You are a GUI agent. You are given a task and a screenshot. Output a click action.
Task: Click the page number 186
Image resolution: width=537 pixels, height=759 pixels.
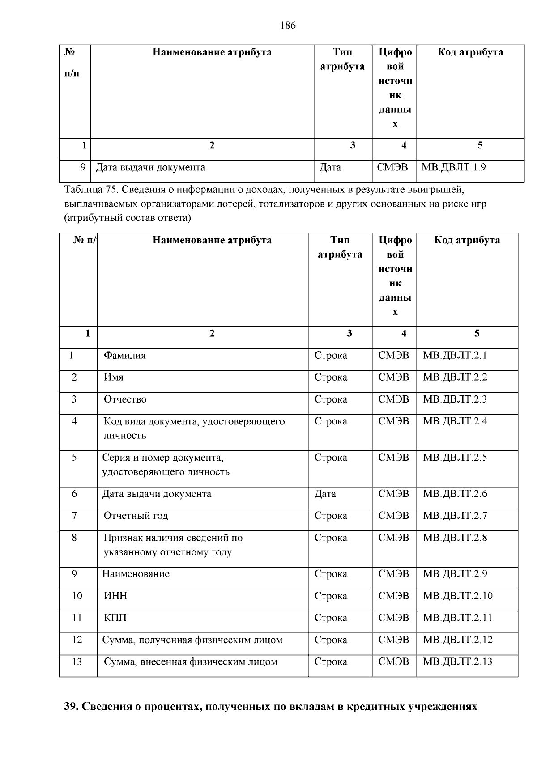288,25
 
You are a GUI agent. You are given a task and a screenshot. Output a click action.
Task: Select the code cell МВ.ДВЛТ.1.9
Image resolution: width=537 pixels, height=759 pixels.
454,168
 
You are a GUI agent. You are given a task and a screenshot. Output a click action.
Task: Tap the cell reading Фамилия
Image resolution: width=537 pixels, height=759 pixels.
125,356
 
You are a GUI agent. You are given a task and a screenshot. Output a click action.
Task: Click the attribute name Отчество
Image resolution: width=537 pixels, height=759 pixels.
125,399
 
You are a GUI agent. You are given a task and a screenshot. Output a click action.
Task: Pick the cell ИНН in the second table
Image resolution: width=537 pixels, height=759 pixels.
115,596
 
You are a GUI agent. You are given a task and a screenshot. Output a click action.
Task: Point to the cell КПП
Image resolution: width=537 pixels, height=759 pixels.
115,618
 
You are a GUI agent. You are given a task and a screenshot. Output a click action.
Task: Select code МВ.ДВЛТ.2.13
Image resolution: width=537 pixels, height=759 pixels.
457,662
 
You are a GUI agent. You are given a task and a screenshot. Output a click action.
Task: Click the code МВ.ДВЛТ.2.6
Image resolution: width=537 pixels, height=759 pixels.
455,494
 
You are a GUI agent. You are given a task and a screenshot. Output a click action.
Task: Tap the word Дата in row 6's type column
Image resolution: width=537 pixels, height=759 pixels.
325,494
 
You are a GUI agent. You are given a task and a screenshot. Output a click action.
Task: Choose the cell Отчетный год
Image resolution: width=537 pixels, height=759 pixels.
136,516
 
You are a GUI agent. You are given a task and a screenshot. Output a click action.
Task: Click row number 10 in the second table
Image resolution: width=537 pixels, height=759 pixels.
77,596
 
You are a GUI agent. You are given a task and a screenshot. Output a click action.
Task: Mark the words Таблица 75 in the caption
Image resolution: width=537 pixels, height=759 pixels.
89,190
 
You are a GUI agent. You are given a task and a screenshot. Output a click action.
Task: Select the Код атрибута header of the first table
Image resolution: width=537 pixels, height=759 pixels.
470,52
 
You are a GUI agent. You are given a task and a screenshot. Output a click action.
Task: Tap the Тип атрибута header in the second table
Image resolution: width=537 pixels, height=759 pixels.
340,247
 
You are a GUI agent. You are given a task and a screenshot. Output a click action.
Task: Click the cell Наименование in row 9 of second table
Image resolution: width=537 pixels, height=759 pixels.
136,574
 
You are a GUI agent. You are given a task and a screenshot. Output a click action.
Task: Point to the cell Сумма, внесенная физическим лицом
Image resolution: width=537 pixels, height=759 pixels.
191,662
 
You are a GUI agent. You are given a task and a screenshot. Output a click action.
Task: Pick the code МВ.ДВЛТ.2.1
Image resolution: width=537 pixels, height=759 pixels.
455,356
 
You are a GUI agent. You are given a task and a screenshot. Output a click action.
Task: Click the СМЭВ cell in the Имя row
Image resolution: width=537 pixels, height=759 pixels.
393,377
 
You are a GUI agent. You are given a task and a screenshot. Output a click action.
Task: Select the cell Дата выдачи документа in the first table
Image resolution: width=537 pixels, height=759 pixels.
150,168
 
